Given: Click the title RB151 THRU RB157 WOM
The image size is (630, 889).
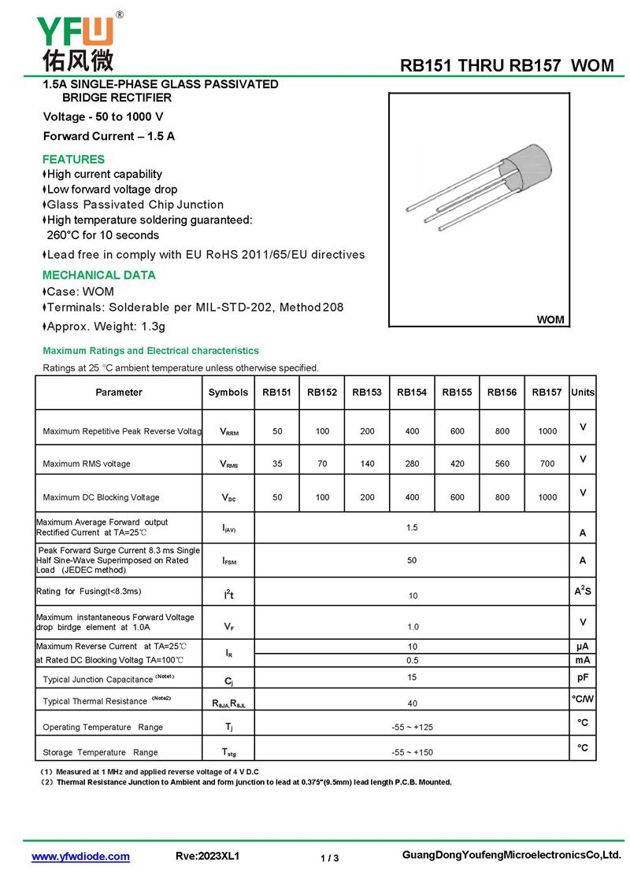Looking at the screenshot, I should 506,66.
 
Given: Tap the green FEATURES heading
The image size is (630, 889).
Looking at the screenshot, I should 73,159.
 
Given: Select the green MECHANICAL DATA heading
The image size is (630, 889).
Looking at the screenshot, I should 98,275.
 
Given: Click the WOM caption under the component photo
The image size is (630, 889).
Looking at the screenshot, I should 550,319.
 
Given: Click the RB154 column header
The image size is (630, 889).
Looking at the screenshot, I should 412,393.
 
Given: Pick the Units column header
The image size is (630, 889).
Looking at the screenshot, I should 583,393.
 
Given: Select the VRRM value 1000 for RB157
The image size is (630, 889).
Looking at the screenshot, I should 547,431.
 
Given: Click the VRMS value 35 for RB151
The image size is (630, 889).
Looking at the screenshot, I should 277,464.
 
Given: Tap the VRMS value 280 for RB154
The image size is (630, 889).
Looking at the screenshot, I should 412,464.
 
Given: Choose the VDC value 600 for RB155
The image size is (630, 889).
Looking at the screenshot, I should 457,497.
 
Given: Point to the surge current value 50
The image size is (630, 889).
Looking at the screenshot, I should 412,560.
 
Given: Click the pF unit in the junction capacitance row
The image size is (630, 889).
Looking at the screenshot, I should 583,677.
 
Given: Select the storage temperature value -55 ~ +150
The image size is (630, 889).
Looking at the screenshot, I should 412,752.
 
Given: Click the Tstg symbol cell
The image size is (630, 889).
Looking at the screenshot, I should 229,752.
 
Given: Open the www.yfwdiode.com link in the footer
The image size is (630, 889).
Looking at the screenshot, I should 80,857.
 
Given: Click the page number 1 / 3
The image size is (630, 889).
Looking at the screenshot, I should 330,858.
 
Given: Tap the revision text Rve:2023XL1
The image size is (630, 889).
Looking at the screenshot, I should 207,857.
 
